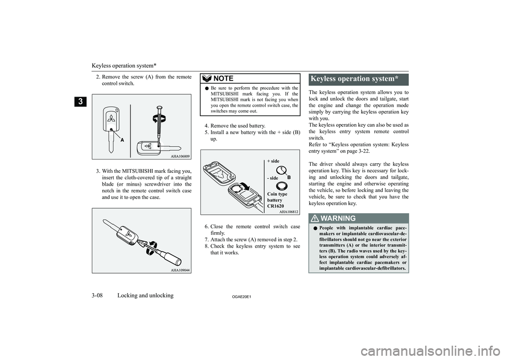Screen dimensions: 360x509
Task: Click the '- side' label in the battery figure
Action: coord(273,178)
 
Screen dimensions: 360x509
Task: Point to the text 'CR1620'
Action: coord(276,205)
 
